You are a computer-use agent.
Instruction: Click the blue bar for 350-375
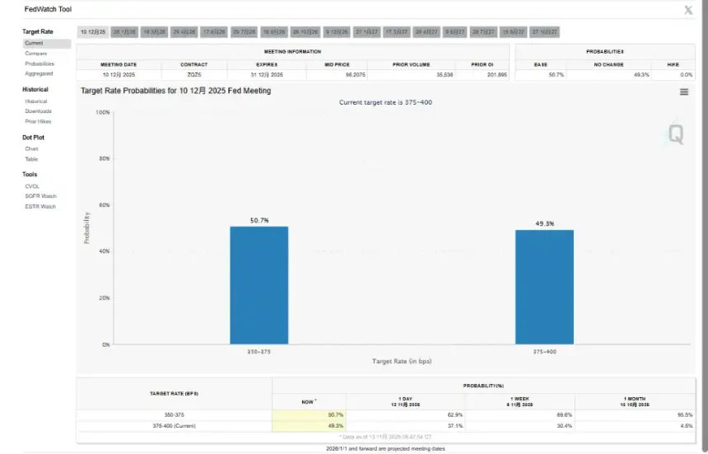pyautogui.click(x=259, y=285)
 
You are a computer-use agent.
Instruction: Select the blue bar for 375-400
pyautogui.click(x=544, y=287)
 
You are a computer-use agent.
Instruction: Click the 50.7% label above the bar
pyautogui.click(x=259, y=220)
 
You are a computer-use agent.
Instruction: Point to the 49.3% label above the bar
pyautogui.click(x=544, y=223)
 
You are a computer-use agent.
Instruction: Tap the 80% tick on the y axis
pyautogui.click(x=104, y=158)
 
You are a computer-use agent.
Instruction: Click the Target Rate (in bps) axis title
pyautogui.click(x=401, y=361)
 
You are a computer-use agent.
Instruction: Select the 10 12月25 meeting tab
pyautogui.click(x=93, y=31)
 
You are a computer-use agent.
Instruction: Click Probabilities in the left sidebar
pyautogui.click(x=40, y=63)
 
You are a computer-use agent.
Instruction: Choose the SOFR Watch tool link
pyautogui.click(x=40, y=196)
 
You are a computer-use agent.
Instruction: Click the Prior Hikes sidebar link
pyautogui.click(x=38, y=121)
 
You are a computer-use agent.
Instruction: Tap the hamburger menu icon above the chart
pyautogui.click(x=684, y=91)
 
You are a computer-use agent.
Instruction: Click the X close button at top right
pyautogui.click(x=688, y=10)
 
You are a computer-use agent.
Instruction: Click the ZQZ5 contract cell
pyautogui.click(x=193, y=74)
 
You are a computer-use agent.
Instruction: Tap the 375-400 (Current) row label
pyautogui.click(x=174, y=425)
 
